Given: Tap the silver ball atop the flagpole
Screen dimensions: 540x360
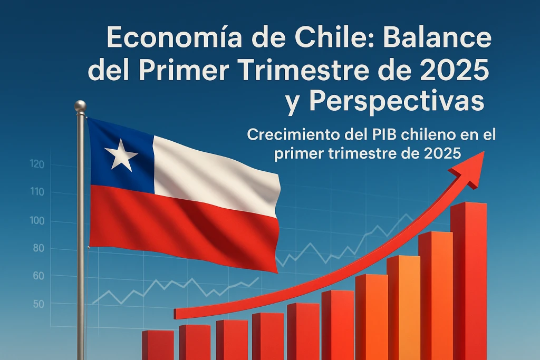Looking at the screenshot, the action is click(80, 105).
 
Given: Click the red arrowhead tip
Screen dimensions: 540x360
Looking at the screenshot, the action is click(484, 151).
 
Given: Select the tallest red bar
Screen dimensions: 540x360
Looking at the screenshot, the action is click(469, 281).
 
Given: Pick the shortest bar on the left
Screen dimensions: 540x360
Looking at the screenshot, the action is click(158, 345).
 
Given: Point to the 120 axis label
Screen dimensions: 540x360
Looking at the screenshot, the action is click(37, 164).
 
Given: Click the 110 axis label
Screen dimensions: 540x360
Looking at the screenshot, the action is click(37, 192).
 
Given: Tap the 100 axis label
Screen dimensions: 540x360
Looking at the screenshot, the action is click(37, 221).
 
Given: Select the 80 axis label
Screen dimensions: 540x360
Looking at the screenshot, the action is click(38, 248).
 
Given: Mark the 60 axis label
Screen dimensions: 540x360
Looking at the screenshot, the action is click(38, 276).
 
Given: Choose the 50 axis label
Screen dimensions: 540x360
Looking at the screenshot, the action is click(38, 304).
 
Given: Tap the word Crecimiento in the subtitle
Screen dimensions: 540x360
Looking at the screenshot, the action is click(294, 134).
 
